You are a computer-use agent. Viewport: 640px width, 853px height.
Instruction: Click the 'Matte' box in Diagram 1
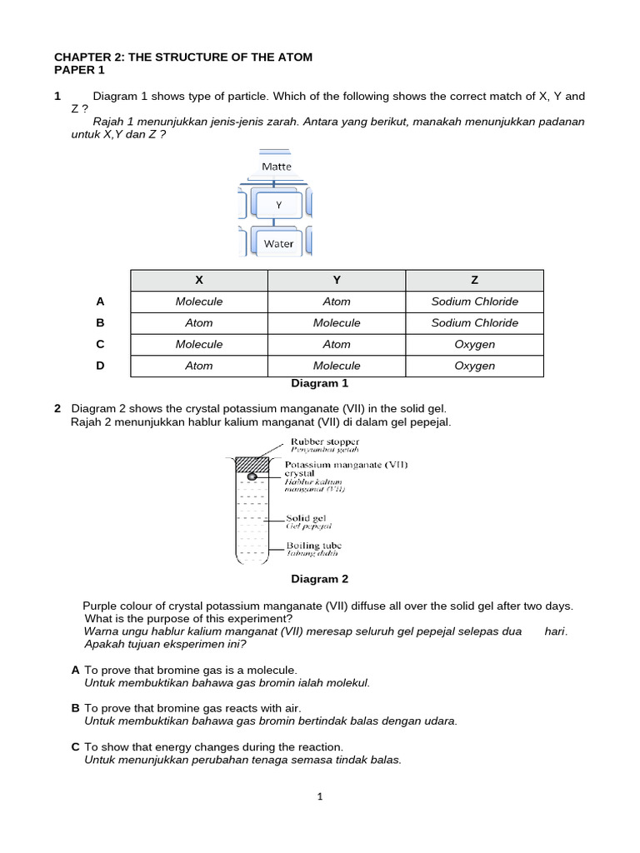click(x=277, y=167)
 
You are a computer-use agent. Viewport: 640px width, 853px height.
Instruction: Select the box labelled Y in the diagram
click(x=278, y=204)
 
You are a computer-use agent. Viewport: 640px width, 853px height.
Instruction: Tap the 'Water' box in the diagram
click(x=278, y=243)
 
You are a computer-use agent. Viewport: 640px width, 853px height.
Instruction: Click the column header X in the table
click(x=198, y=280)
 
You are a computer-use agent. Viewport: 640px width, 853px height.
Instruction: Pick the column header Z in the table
click(x=474, y=280)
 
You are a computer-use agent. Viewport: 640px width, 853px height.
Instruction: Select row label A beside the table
click(x=100, y=302)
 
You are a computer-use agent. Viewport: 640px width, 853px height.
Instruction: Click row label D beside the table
click(x=100, y=366)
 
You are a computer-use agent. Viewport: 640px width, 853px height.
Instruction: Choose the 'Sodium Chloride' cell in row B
click(x=474, y=323)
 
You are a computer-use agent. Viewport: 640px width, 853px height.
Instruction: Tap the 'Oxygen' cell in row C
click(x=474, y=344)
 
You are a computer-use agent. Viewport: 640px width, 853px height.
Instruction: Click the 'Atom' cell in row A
click(x=337, y=302)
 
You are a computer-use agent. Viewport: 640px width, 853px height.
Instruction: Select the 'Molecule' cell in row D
click(x=337, y=366)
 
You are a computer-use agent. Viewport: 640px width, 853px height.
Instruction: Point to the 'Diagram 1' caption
click(x=319, y=384)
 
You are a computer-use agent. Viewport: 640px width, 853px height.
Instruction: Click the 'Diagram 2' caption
click(x=319, y=579)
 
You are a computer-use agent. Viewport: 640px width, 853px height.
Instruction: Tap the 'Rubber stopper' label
click(x=324, y=441)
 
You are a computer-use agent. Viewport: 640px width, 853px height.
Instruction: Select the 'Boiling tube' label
click(x=313, y=546)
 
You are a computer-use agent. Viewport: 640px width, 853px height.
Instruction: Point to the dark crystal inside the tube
click(x=252, y=476)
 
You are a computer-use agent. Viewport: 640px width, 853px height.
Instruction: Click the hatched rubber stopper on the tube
click(x=252, y=464)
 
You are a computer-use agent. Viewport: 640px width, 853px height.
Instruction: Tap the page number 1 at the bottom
click(x=320, y=796)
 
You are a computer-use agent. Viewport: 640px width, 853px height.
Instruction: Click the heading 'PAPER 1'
click(x=79, y=71)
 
